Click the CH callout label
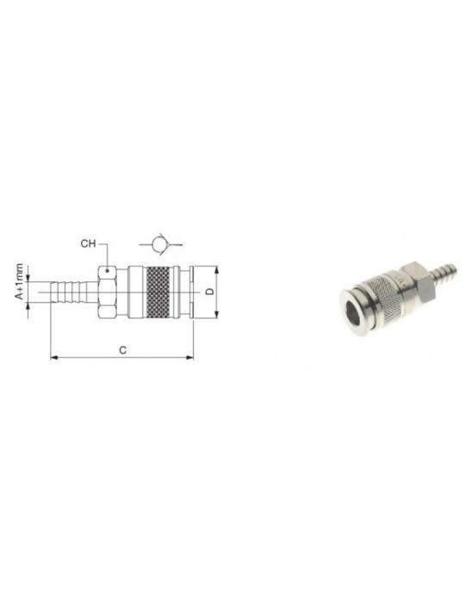pyautogui.click(x=88, y=243)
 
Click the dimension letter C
pyautogui.click(x=122, y=350)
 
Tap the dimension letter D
pyautogui.click(x=210, y=292)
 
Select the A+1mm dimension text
pyautogui.click(x=19, y=281)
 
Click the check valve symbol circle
pyautogui.click(x=159, y=244)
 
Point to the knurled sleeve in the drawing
pyautogui.click(x=158, y=292)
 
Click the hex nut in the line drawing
pyautogui.click(x=108, y=292)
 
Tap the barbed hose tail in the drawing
pyautogui.click(x=74, y=292)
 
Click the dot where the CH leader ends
pyautogui.click(x=108, y=271)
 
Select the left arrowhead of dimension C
pyautogui.click(x=54, y=358)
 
